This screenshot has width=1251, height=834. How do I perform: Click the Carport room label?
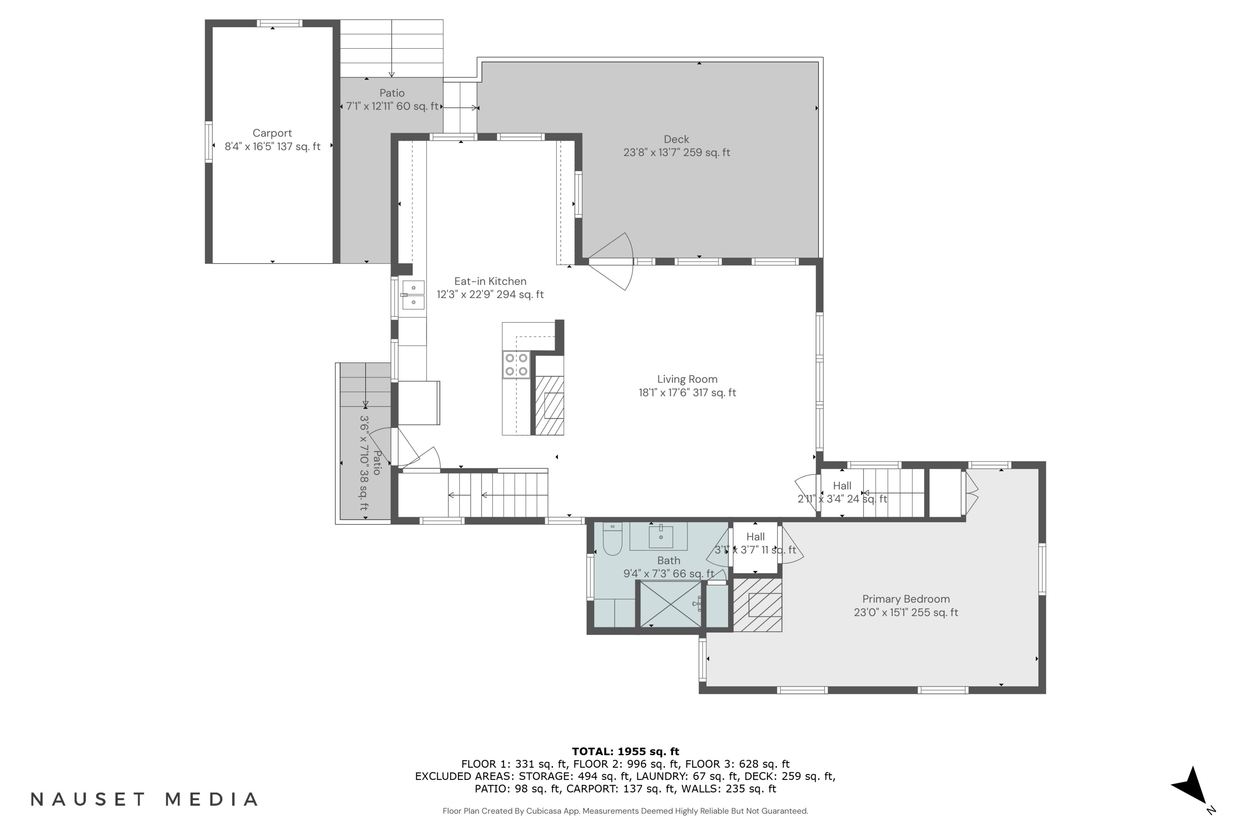272,140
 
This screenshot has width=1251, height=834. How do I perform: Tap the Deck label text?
676,146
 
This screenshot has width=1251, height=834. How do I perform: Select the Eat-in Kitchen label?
490,288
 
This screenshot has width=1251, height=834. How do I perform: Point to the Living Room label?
687,386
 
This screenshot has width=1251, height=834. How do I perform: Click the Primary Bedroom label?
905,605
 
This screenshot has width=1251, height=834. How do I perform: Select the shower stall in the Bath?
670,604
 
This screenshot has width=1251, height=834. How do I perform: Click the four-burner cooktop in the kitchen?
516,365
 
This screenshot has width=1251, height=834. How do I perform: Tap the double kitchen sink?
413,295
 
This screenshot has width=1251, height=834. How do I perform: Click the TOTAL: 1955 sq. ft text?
625,751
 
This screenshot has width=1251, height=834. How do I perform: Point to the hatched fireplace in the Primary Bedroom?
757,605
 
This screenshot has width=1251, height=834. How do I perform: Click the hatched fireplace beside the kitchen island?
549,405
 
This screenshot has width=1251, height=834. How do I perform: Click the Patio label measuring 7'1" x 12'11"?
392,100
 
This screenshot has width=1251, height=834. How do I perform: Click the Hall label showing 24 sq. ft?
842,492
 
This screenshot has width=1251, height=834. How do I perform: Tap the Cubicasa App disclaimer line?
625,811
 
